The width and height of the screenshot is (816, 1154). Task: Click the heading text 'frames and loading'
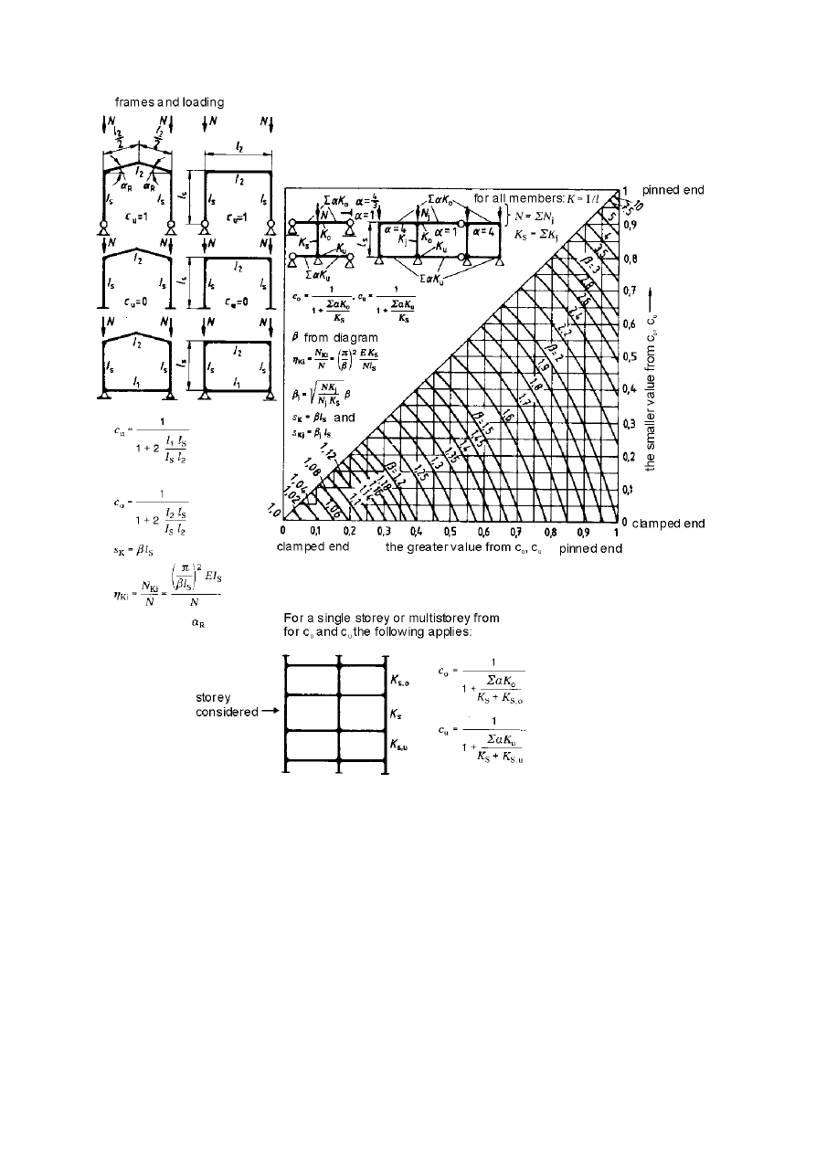[x=169, y=101]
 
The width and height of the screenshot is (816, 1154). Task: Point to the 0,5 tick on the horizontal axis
[x=450, y=531]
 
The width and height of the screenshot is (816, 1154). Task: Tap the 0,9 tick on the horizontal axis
[x=583, y=531]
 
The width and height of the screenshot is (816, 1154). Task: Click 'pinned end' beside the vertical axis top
[x=673, y=190]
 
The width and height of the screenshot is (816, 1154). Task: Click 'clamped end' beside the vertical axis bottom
[x=668, y=524]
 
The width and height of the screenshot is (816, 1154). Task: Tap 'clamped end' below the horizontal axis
[x=312, y=547]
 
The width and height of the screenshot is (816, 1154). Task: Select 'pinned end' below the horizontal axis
[x=590, y=547]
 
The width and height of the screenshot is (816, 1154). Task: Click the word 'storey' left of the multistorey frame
[x=215, y=697]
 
